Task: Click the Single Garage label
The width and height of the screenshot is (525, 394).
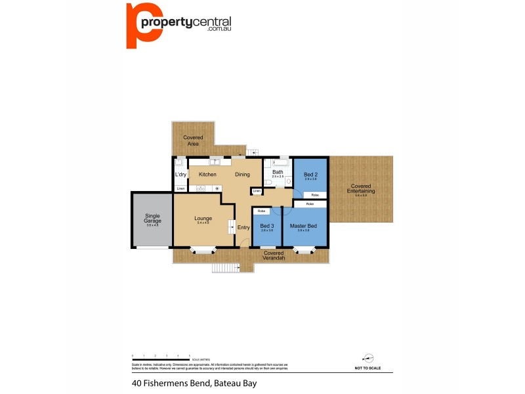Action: tap(152, 219)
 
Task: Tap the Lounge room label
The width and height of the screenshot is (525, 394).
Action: tap(202, 218)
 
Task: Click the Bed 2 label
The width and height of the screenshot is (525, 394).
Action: tap(310, 175)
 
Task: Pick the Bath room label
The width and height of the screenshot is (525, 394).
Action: tap(278, 172)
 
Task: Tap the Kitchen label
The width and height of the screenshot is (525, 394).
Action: tap(207, 174)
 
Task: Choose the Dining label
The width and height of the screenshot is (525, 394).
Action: tap(242, 174)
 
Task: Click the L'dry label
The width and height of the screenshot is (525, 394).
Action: tap(181, 174)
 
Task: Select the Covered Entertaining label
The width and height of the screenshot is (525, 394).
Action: tap(362, 188)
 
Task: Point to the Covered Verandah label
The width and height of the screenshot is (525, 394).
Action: tap(273, 255)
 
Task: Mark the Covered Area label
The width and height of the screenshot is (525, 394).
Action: tap(193, 140)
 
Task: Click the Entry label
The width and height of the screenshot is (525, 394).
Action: tap(243, 227)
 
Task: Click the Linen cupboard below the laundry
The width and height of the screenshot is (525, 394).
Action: tap(180, 189)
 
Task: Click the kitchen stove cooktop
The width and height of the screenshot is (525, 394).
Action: tap(201, 188)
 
